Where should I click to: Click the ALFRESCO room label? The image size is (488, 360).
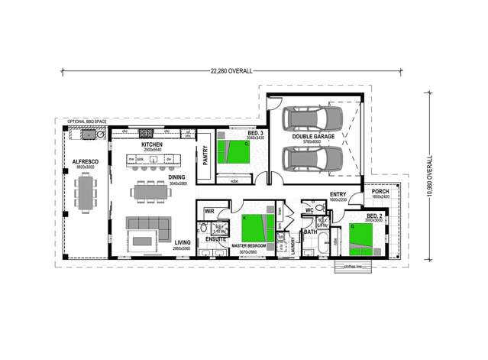point(82,162)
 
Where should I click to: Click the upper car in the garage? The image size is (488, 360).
point(312,118)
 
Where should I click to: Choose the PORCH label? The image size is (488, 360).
point(380,192)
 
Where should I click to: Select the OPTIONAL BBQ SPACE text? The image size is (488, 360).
point(85,122)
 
